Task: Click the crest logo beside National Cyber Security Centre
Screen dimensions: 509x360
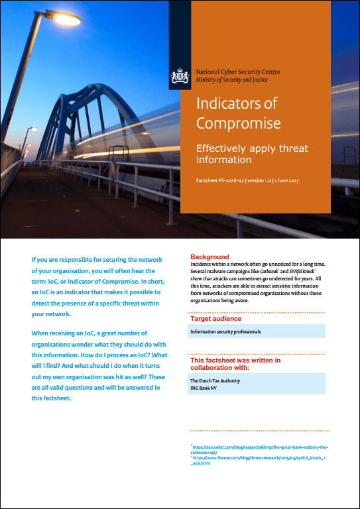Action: click(180, 77)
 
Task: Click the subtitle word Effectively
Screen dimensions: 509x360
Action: click(225, 148)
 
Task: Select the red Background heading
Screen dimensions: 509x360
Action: click(210, 256)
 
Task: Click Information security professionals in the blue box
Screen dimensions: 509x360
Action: click(225, 331)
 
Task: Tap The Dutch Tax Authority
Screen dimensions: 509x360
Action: click(215, 380)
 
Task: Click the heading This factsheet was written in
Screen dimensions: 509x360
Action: click(235, 361)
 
